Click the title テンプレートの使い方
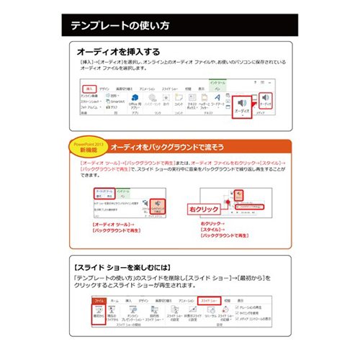tap(120, 26)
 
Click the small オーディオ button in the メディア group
tap(266, 101)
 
